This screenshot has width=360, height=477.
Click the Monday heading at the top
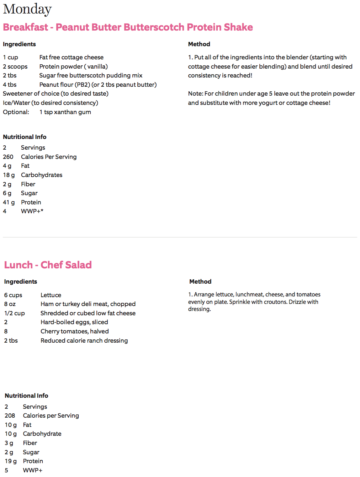pyautogui.click(x=27, y=9)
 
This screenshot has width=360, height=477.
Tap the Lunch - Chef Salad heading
pyautogui.click(x=48, y=265)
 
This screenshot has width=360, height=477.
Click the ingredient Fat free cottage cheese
pyautogui.click(x=71, y=57)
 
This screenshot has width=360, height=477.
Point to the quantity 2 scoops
pyautogui.click(x=15, y=66)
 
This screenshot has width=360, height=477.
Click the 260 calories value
pyautogui.click(x=8, y=157)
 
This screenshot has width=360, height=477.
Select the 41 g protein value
pyautogui.click(x=9, y=202)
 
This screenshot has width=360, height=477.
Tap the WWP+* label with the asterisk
pyautogui.click(x=32, y=211)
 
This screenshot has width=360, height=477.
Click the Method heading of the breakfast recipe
pyautogui.click(x=199, y=44)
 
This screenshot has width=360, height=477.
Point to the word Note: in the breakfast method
pyautogui.click(x=196, y=93)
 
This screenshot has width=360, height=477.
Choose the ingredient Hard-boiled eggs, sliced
pyautogui.click(x=74, y=322)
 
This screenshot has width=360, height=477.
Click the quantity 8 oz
pyautogui.click(x=10, y=304)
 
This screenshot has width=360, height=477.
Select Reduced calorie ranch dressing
pyautogui.click(x=84, y=341)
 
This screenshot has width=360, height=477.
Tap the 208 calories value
pyautogui.click(x=10, y=416)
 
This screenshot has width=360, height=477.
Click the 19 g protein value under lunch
pyautogui.click(x=11, y=461)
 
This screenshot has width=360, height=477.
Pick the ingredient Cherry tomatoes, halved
pyautogui.click(x=74, y=331)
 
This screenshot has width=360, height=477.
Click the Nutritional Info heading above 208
pyautogui.click(x=26, y=396)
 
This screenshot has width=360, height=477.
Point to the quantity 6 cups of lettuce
pyautogui.click(x=13, y=295)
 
